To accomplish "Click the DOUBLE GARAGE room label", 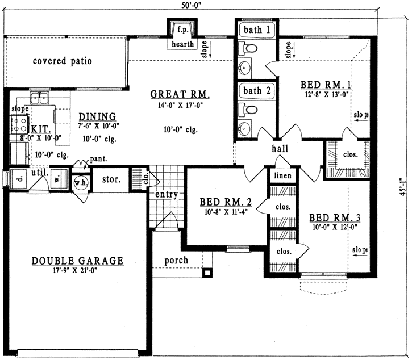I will point(77,261).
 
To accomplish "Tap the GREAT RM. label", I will point(180,94).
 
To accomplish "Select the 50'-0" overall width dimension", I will point(191,5).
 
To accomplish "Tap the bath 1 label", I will point(256,29).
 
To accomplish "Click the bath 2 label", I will point(256,90).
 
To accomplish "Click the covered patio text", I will point(62,61).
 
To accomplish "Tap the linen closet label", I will point(282,176).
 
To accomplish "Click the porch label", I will point(176,260).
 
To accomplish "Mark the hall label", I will point(280,149).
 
